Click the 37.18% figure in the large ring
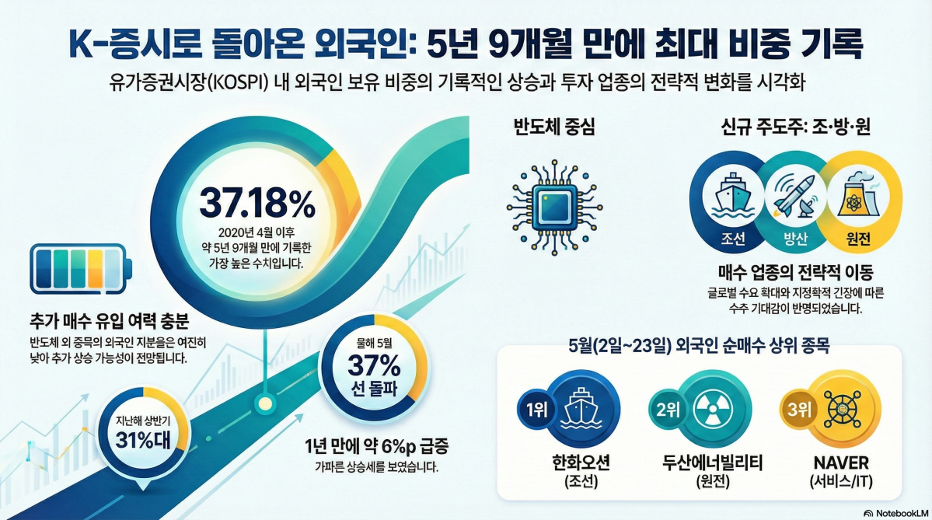coord(257,204)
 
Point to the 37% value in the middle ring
coord(373,365)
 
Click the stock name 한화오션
coord(579,463)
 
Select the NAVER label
coord(841,463)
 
